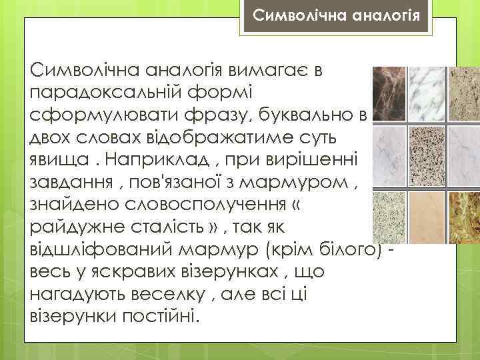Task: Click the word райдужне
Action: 76,228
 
